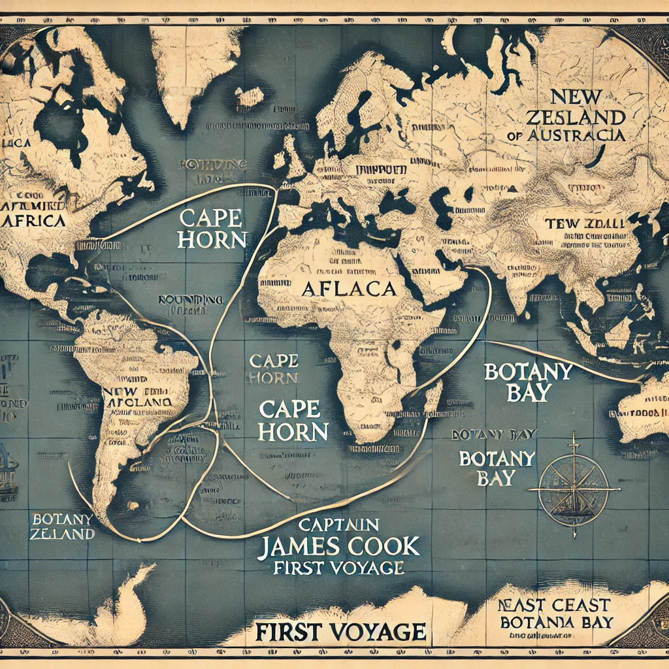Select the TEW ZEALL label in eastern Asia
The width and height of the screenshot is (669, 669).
pos(585,224)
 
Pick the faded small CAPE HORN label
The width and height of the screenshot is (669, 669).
pos(274,368)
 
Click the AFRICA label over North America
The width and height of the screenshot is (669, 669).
pos(35,221)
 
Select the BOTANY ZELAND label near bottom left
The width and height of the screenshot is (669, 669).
pos(62,526)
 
